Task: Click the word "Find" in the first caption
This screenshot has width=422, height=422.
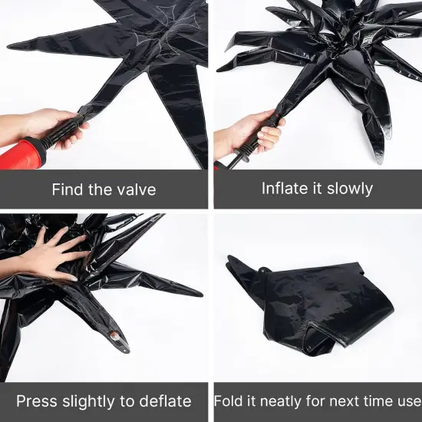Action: pos(67,189)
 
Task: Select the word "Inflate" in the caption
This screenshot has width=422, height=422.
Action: pos(285,189)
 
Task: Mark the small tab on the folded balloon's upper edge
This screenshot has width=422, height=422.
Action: pos(265,269)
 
